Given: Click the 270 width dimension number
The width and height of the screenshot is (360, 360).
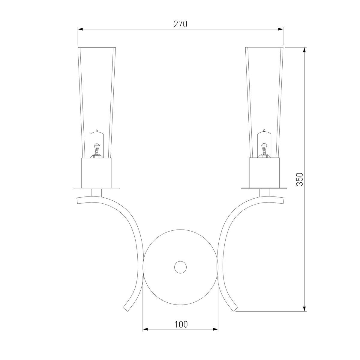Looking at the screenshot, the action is coord(180,24).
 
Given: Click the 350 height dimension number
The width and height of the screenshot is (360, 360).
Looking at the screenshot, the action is coord(299,179).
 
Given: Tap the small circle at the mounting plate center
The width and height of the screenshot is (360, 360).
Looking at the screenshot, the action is coord(180,267).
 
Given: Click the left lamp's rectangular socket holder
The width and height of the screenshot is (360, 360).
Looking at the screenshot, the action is coord(97,173).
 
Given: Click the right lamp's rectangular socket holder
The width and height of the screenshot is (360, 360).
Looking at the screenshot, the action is coord(264,173).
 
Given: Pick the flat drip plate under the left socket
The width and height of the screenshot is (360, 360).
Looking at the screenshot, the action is coord(97,188).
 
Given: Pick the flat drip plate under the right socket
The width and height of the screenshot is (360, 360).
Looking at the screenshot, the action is coord(264,188).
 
